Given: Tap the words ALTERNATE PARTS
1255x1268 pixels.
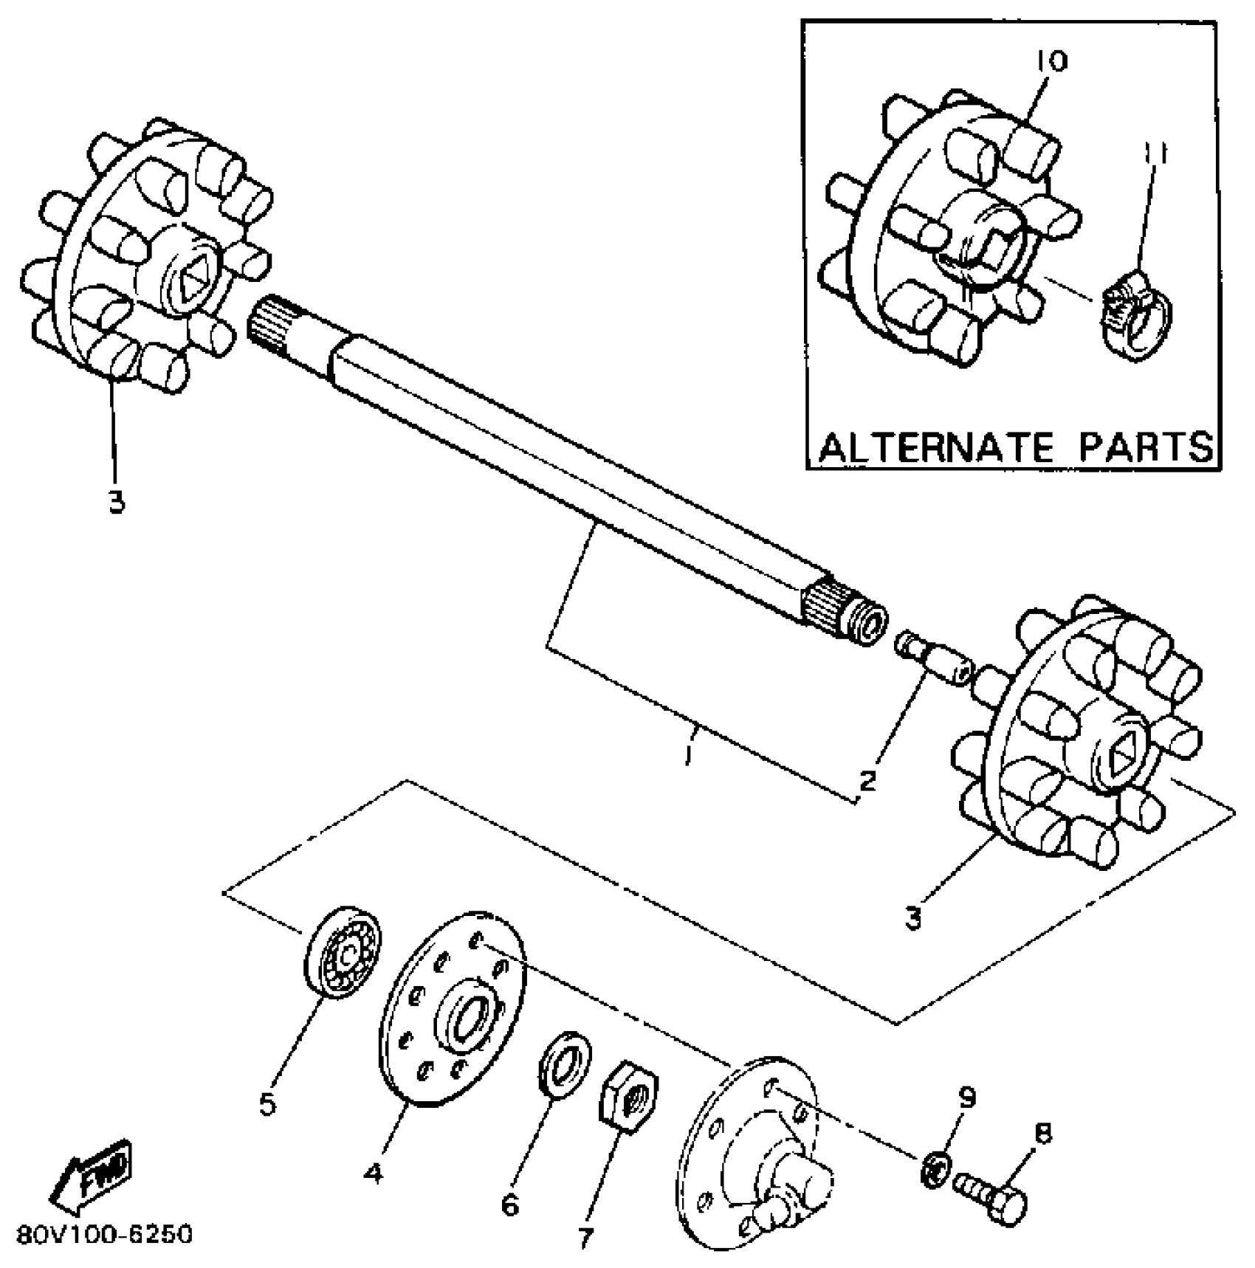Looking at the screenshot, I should coord(1017,447).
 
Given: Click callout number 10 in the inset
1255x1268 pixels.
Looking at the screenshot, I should coord(1051,62).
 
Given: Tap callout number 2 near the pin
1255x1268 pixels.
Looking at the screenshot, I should coord(868,779).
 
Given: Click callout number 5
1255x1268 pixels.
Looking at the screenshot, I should coord(267,1104).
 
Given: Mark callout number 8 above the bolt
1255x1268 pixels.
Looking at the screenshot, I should coord(1043,1133).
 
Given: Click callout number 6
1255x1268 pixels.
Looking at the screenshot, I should coord(510,1205).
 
